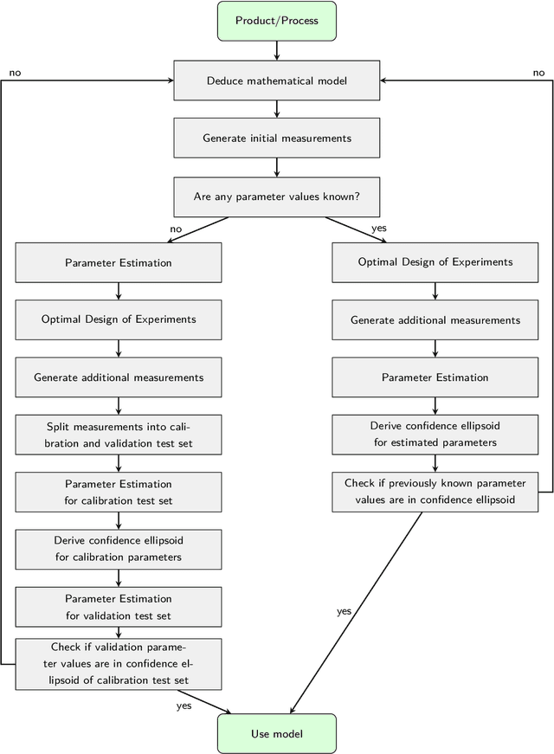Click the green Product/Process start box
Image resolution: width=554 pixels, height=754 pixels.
pos(276,21)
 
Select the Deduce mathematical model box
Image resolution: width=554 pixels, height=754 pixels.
pos(276,81)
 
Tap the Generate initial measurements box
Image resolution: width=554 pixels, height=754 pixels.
pos(276,138)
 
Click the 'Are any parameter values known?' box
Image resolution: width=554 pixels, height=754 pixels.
pos(276,197)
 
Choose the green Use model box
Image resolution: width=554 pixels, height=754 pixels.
pos(276,733)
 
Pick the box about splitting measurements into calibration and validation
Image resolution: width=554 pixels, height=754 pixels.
pos(119,434)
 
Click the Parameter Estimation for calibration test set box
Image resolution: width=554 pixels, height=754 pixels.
pos(119,492)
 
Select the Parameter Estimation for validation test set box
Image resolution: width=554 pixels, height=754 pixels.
pos(119,606)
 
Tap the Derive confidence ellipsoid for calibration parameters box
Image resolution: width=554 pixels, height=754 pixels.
pos(119,549)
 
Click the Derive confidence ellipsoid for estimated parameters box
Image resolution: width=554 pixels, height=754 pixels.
pos(435,434)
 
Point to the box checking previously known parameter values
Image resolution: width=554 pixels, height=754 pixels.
pos(435,491)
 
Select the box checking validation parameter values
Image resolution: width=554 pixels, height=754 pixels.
pos(119,664)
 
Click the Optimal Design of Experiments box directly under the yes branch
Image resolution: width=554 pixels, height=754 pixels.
pos(435,261)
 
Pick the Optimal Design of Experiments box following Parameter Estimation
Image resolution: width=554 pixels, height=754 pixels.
pos(119,319)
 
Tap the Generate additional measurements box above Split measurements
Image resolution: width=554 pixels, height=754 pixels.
pos(119,377)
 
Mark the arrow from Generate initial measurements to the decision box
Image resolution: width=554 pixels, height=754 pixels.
pos(276,167)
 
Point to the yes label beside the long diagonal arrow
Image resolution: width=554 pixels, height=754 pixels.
pos(344,612)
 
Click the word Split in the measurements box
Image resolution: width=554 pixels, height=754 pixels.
pos(59,427)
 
